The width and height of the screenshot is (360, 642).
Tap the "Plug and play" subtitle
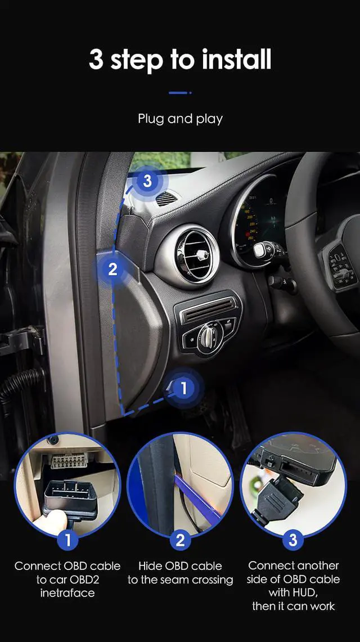(180, 119)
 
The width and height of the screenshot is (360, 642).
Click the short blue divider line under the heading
(180, 93)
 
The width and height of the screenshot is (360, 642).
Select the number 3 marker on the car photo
(147, 181)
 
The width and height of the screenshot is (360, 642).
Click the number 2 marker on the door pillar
(112, 268)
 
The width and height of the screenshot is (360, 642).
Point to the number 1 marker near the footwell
(183, 387)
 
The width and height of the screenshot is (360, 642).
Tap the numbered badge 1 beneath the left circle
(67, 540)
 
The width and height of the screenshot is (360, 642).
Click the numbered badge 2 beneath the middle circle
(180, 540)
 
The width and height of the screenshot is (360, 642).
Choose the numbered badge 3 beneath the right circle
(292, 540)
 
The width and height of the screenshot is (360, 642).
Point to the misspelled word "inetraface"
(67, 593)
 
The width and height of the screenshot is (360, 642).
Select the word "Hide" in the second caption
(150, 566)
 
